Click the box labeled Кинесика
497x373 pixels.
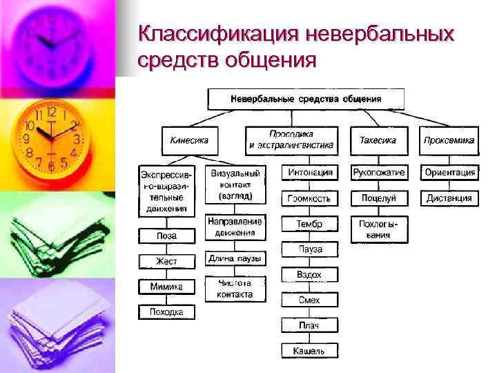189,140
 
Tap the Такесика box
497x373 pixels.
378,140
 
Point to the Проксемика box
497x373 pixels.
449,140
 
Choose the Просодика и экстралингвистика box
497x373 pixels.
291,140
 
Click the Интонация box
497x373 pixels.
310,173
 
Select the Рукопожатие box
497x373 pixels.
378,173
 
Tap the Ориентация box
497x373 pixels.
449,173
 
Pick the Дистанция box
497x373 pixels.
449,198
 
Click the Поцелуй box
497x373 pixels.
378,198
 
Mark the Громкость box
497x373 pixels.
310,198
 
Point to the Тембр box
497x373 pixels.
310,224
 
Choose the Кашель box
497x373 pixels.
310,351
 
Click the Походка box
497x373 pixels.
166,312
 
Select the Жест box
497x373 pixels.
166,261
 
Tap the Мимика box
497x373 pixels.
166,287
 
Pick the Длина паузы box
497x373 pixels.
235,258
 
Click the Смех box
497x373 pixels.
310,300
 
